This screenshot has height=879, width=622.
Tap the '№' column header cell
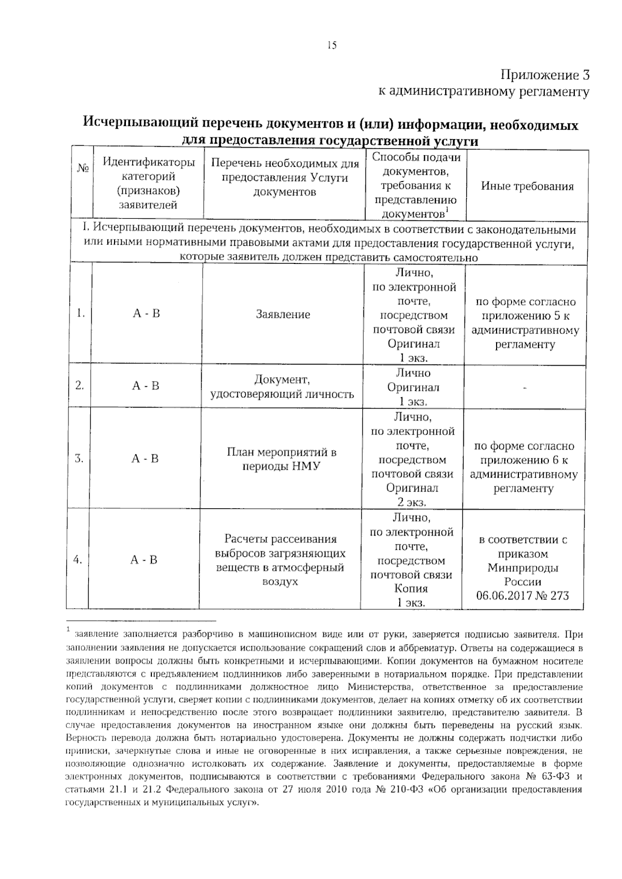pos(82,169)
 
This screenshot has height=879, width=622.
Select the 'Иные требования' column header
pos(527,187)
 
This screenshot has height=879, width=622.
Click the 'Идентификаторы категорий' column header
pos(149,183)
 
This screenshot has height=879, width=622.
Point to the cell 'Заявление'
pos(283,314)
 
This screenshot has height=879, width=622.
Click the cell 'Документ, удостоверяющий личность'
pos(282,387)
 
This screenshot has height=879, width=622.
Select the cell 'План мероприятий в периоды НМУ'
pos(281,459)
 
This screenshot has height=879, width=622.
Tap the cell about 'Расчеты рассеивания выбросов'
pos(280,560)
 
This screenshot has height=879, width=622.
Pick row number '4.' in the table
pos(78,560)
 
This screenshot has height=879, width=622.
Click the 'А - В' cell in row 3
pos(145,458)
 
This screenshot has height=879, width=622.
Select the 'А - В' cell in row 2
pos(146,386)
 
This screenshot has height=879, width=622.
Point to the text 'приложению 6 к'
pos(524,460)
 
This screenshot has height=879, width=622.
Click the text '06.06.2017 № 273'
pos(522,595)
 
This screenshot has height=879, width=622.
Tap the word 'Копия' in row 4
pos(411,589)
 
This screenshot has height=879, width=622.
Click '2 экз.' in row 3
pos(412,502)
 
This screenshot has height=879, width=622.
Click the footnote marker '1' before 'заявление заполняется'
pos(68,630)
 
